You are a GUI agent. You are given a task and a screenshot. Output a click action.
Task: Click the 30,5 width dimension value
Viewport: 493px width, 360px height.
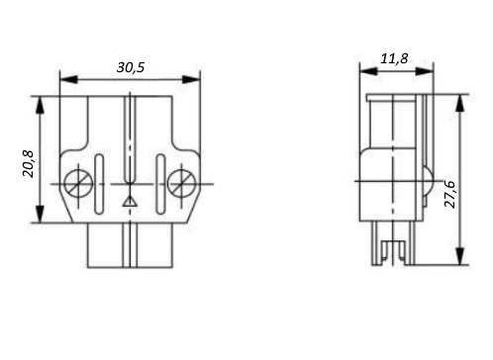[131, 67]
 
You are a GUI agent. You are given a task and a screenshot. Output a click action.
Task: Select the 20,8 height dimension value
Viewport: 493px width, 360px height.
[28, 164]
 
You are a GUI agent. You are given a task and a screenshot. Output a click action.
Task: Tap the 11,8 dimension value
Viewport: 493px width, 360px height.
[394, 58]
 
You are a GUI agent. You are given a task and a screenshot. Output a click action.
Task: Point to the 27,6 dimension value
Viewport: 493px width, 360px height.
[449, 194]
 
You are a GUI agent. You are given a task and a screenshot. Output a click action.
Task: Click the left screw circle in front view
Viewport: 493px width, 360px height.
[78, 183]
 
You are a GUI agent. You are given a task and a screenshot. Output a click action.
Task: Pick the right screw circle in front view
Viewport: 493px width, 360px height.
[181, 183]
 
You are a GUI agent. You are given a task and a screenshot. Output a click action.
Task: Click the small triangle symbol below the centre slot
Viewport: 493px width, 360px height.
[130, 201]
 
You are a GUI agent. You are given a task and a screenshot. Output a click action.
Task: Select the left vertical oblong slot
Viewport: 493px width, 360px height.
[99, 184]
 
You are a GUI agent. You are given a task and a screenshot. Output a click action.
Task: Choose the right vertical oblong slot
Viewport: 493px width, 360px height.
[160, 184]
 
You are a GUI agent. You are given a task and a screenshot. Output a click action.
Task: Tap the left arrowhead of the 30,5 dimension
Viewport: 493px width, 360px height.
[68, 79]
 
